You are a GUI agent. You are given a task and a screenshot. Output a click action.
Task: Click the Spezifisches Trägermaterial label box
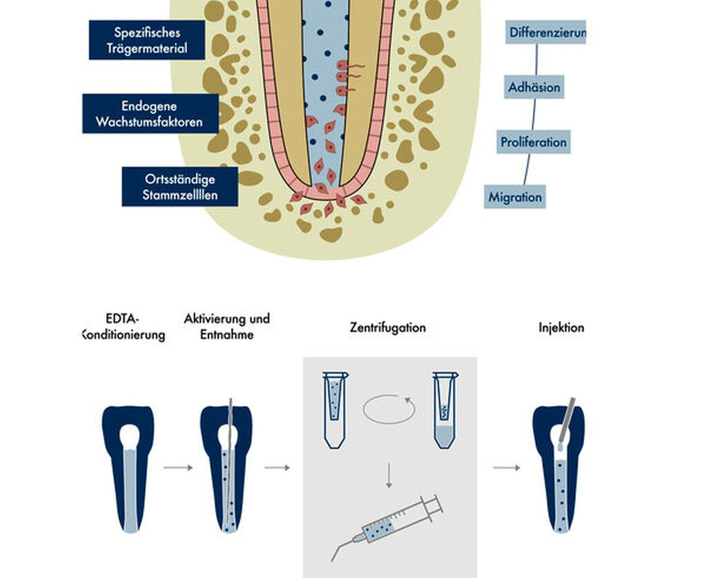[x=147, y=39]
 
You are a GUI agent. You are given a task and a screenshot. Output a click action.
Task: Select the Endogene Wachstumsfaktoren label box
[x=151, y=114]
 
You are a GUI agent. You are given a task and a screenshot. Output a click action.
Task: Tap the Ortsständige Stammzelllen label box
[x=180, y=186]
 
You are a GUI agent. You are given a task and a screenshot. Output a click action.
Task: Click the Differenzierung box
[x=545, y=32]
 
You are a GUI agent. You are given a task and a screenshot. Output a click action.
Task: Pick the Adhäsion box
[x=534, y=87]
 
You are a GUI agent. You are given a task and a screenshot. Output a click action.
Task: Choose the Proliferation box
[x=534, y=142]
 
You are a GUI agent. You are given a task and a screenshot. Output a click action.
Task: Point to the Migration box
[x=515, y=197]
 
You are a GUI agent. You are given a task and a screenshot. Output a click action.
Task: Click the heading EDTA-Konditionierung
[x=123, y=327]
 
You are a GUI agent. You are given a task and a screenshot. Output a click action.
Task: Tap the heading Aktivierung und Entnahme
[x=226, y=327]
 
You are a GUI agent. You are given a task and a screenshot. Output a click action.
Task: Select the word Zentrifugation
[x=388, y=327]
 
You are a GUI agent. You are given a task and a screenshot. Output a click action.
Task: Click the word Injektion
[x=561, y=327]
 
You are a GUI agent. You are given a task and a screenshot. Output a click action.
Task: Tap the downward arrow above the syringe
[x=389, y=474]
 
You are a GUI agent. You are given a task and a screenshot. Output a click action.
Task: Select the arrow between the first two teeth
[x=178, y=468]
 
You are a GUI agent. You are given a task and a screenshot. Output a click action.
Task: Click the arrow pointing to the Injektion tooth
[x=506, y=468]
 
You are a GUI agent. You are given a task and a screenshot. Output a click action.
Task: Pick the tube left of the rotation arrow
[x=335, y=410]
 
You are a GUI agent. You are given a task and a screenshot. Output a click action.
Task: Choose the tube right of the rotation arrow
[x=445, y=410]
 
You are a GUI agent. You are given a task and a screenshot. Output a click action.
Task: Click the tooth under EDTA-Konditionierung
[x=129, y=469]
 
